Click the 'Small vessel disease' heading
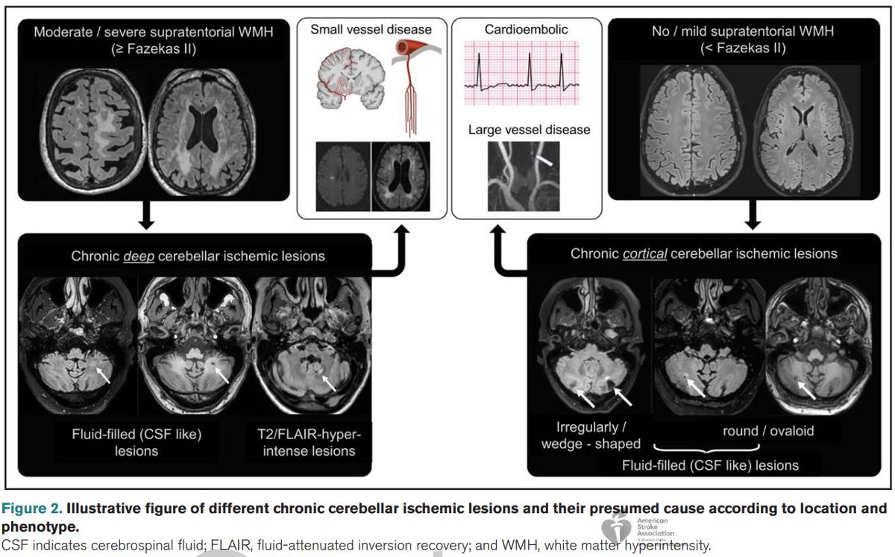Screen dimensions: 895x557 point(371,30)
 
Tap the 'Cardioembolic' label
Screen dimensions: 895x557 point(525,30)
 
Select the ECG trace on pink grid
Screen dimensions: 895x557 point(527,75)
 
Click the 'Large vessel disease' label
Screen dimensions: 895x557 point(529,130)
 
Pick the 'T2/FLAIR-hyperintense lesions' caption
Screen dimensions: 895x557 point(309,443)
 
